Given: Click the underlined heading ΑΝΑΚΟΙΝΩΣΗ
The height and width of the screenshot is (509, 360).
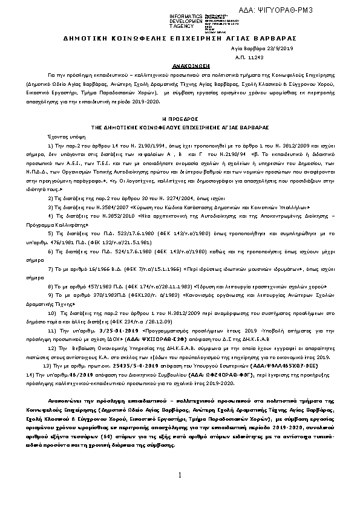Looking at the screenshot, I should (x=180, y=63).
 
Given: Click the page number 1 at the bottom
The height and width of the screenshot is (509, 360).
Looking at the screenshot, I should (x=180, y=476).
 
